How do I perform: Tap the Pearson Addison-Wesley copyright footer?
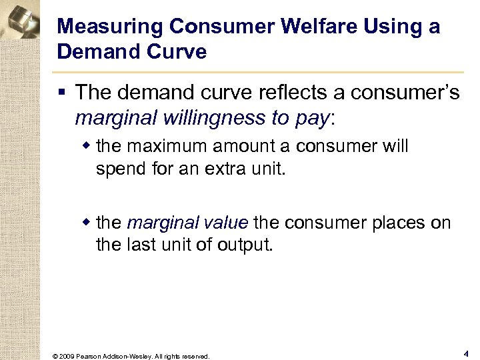(x=131, y=356)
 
